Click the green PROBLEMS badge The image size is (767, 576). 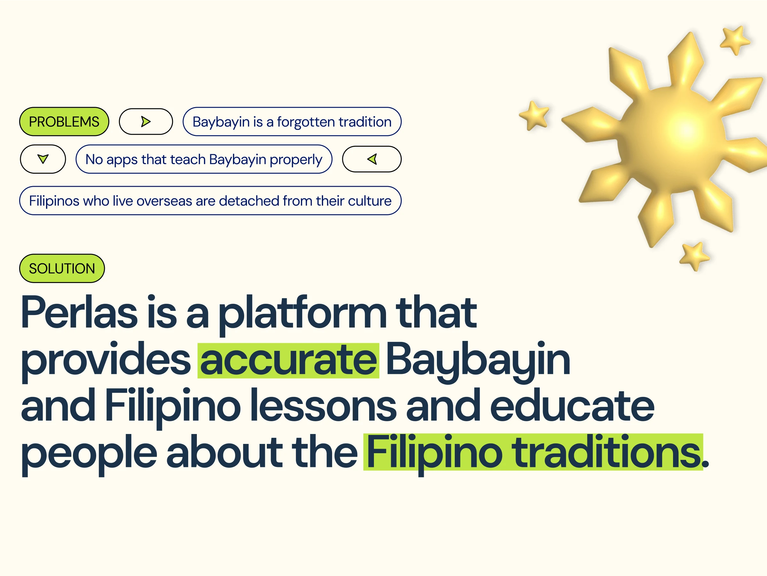point(64,122)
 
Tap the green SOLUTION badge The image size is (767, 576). point(62,268)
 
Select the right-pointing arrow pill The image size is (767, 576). point(146,122)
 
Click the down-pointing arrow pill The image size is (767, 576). point(43,159)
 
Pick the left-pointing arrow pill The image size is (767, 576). point(372,159)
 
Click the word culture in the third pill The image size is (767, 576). point(370,201)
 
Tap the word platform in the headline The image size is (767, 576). point(302,315)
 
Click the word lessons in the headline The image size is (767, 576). point(323,406)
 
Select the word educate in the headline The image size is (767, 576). point(572,405)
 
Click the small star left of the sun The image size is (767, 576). point(534,115)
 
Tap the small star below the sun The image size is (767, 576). point(694,256)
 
